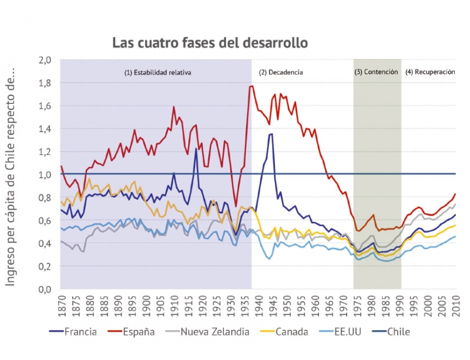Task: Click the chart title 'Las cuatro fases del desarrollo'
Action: (x=210, y=43)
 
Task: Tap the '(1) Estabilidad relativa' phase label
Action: (x=157, y=73)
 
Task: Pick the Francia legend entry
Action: (x=73, y=332)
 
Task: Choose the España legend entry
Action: (x=130, y=332)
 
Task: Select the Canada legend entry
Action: (x=282, y=332)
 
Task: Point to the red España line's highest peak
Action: (x=251, y=86)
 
